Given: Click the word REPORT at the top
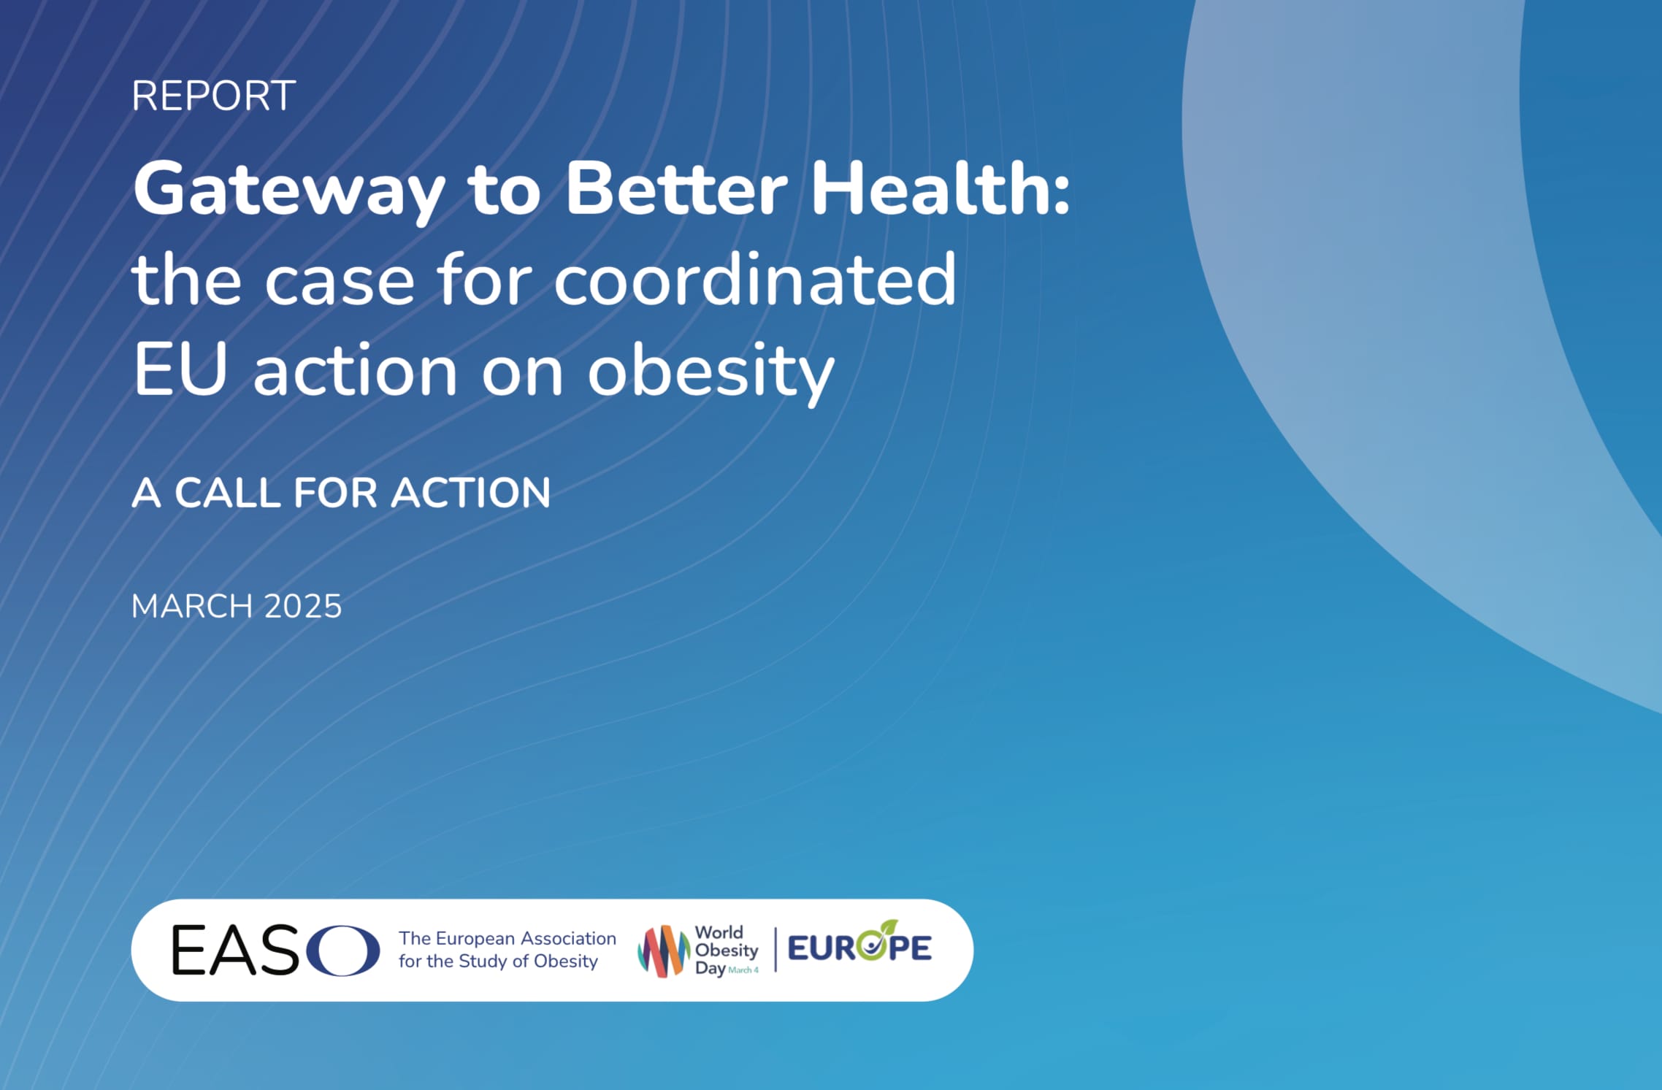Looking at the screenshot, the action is tap(213, 96).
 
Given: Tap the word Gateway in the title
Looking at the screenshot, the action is tap(289, 191).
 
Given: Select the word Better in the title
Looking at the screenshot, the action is tap(676, 188).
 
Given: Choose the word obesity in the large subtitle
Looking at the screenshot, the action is tap(711, 372).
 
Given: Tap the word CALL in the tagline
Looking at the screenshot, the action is tap(228, 493).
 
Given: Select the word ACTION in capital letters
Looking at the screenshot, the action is tap(471, 493).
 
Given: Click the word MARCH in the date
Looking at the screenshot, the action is tap(192, 607).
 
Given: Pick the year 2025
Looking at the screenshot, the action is tap(302, 607).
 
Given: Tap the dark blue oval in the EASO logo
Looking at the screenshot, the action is tap(343, 951).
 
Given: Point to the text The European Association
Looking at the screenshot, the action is tap(508, 938).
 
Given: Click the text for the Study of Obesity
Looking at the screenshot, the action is tap(498, 961).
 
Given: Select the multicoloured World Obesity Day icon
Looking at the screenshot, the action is tap(663, 951).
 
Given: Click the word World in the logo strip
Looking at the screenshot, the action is tap(719, 932).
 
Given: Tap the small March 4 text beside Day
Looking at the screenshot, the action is tap(743, 970).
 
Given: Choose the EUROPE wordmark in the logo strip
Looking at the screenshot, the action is tap(859, 946).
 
